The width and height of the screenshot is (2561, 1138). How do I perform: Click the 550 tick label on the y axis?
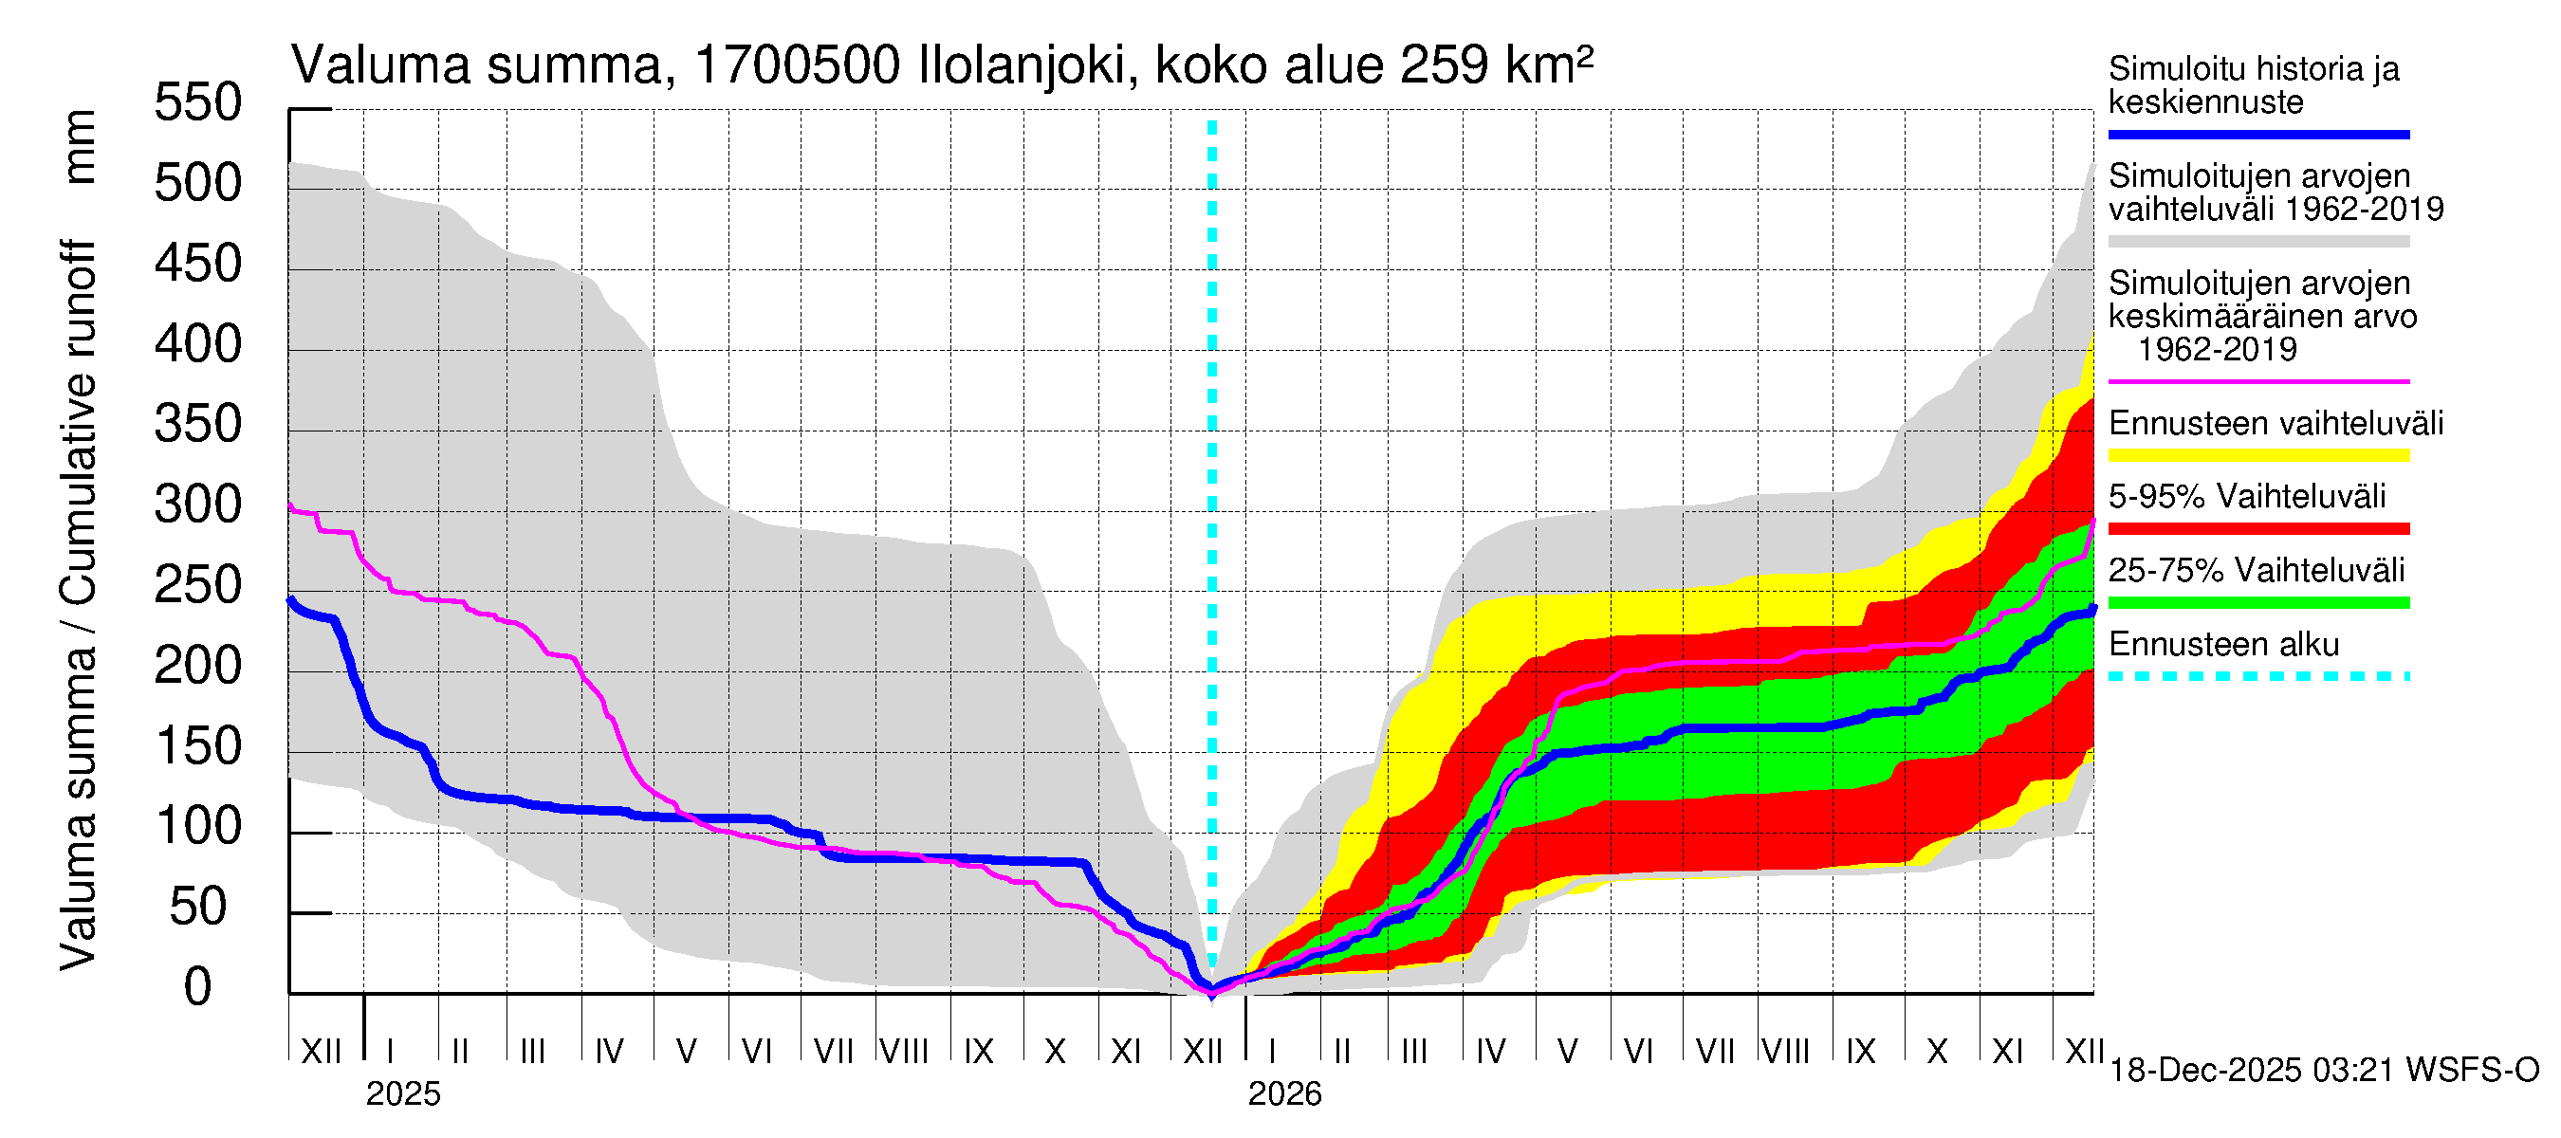[x=197, y=103]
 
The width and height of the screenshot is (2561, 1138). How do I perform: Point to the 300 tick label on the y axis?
[x=197, y=505]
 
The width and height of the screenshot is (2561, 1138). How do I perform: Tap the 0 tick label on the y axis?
[x=198, y=988]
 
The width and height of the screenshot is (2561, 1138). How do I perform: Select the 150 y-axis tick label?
[x=197, y=747]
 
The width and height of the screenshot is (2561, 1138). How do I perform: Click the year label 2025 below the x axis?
[x=402, y=1094]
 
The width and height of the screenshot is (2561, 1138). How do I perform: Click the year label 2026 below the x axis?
[x=1284, y=1094]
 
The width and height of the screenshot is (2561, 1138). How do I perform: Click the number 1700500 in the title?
[x=798, y=66]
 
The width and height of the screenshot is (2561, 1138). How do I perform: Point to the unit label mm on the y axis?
[x=80, y=147]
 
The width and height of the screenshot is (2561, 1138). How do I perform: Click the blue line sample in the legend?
[x=2258, y=134]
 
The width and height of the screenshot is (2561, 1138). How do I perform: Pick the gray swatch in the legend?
[x=2258, y=242]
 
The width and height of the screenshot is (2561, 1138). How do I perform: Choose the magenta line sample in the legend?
[x=2258, y=381]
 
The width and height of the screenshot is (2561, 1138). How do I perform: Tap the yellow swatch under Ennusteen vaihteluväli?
[x=2258, y=455]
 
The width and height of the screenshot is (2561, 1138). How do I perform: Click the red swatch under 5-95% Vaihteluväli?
[x=2258, y=529]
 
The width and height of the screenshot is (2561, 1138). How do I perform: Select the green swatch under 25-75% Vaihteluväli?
[x=2258, y=602]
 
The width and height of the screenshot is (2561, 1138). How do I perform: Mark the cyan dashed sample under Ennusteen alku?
[x=2258, y=677]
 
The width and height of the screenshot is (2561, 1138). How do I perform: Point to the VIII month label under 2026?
[x=1785, y=1052]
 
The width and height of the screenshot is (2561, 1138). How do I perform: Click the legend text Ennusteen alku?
[x=2224, y=645]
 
